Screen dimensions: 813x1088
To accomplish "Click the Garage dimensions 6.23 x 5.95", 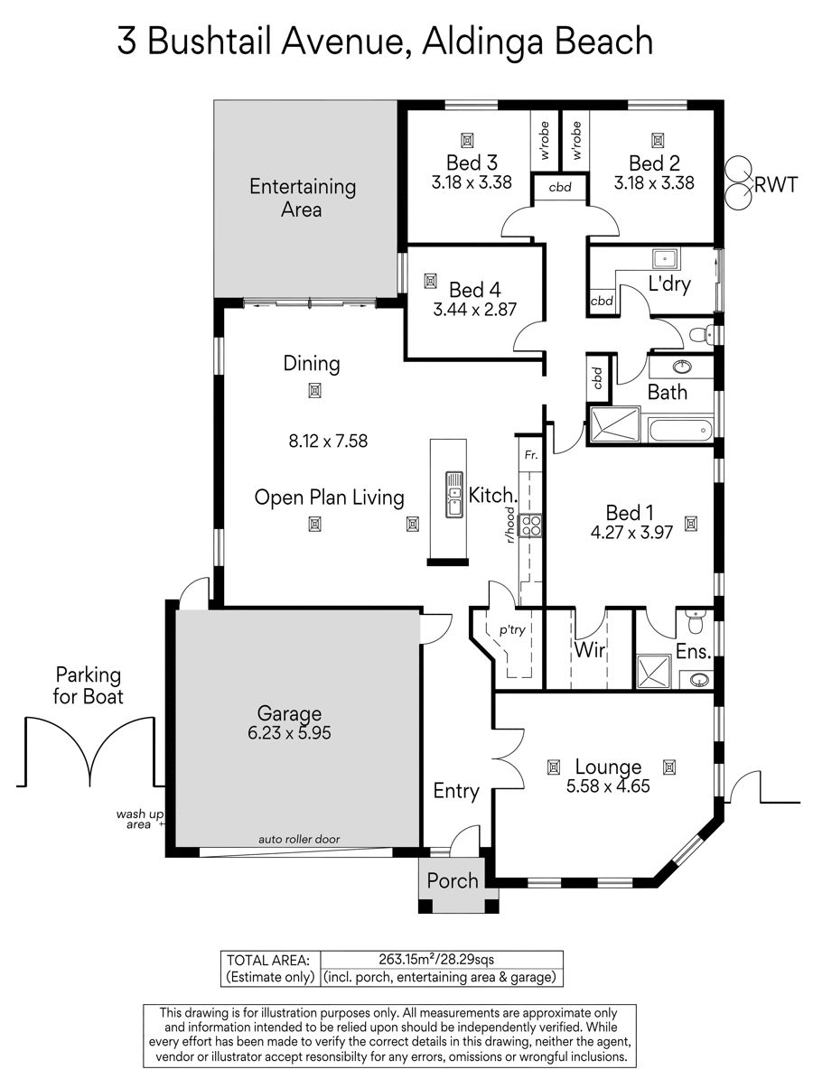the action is pos(289,732).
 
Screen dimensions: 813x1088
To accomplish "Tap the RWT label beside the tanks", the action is pos(775,185).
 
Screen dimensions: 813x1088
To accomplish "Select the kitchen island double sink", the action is pos(454,494).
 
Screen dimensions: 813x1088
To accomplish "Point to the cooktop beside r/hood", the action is pos(530,525).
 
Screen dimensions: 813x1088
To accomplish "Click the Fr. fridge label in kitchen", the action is pos(531,454).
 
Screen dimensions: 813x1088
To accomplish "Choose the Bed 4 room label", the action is pos(474,290).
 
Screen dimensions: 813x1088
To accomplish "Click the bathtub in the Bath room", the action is pos(680,431).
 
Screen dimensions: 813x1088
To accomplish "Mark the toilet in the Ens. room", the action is pos(695,624).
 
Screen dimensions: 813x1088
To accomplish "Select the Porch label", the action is pos(453,881).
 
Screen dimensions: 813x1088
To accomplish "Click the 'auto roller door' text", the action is pos(299,839).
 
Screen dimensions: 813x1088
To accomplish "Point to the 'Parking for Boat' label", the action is pos(88,685).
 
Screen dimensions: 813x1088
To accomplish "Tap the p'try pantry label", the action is pos(512,630).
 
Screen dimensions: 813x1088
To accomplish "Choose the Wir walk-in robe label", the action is pos(589,649).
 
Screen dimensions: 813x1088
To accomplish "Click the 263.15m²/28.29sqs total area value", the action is pos(436,959).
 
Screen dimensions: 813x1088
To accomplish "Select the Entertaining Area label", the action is pos(303,198).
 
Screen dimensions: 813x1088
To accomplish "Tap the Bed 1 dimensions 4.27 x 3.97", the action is pos(631,533).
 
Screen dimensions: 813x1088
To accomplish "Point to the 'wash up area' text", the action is pos(139,819).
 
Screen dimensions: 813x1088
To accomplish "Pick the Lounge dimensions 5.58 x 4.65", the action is pos(608,786).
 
